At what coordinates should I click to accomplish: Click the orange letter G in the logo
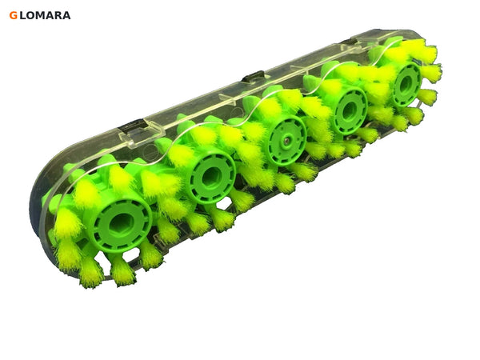point(13,15)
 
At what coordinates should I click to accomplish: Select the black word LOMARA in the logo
point(46,15)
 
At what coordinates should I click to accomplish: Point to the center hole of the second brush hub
point(210,178)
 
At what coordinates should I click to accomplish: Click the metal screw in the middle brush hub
point(286,140)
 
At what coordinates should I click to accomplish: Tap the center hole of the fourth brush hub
point(350,111)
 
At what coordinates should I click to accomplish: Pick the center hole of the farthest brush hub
point(406,84)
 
